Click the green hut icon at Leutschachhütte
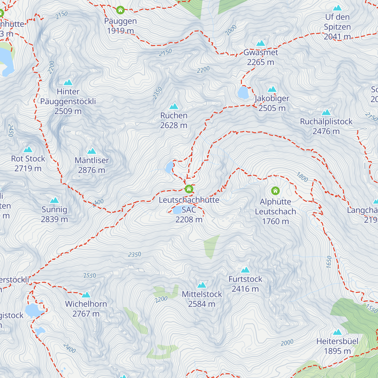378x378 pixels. click(x=189, y=189)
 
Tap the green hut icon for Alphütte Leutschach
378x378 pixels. click(x=275, y=191)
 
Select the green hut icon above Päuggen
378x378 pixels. click(x=120, y=10)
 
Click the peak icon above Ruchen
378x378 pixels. click(x=174, y=106)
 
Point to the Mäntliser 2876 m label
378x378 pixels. click(x=92, y=165)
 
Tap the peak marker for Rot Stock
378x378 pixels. click(x=28, y=149)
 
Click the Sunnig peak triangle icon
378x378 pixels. click(x=54, y=200)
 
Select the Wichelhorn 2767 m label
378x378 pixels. click(x=86, y=309)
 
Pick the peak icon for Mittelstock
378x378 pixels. click(x=202, y=285)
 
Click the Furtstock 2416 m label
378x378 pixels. click(x=245, y=284)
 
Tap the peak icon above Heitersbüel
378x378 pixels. click(x=337, y=332)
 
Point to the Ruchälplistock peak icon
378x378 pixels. click(x=326, y=112)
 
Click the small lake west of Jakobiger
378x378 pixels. click(x=243, y=93)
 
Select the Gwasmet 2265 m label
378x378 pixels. click(x=261, y=57)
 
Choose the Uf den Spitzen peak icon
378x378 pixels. click(x=337, y=8)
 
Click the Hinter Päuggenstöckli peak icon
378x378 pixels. click(x=68, y=83)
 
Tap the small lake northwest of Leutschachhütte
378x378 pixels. click(x=169, y=167)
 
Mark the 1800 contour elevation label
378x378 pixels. click(x=302, y=177)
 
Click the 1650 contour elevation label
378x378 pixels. click(x=329, y=262)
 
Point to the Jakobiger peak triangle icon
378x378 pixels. click(x=272, y=89)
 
